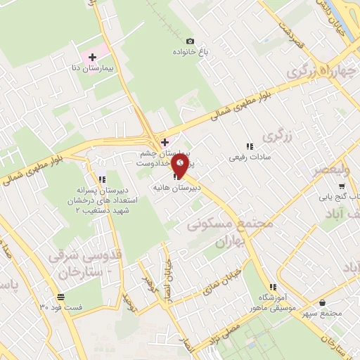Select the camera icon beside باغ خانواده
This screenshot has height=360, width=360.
190,41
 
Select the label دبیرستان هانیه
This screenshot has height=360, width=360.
176,188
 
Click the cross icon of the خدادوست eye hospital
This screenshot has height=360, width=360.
165,143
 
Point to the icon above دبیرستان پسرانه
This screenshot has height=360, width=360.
103,179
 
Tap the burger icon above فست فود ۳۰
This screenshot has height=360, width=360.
61,296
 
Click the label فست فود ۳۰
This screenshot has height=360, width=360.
61,308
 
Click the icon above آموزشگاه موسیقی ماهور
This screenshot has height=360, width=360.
273,287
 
